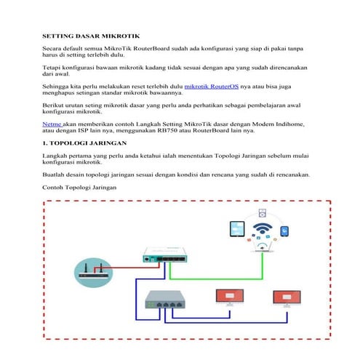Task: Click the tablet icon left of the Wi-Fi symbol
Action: click(236, 231)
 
